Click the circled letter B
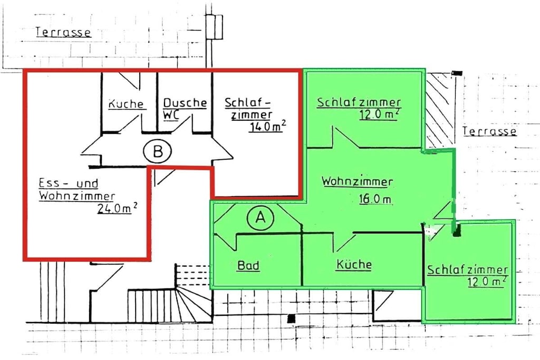[157, 151]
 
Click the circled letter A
[261, 218]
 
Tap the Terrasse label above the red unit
[63, 32]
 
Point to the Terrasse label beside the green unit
[489, 131]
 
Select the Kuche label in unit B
[126, 104]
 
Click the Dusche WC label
[185, 109]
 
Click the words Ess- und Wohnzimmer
[76, 189]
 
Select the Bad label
[248, 265]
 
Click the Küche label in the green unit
[354, 264]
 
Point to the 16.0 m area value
[375, 199]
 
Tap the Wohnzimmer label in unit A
[357, 181]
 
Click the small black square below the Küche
[291, 319]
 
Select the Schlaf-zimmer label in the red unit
[248, 108]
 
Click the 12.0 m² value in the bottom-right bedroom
[487, 281]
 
